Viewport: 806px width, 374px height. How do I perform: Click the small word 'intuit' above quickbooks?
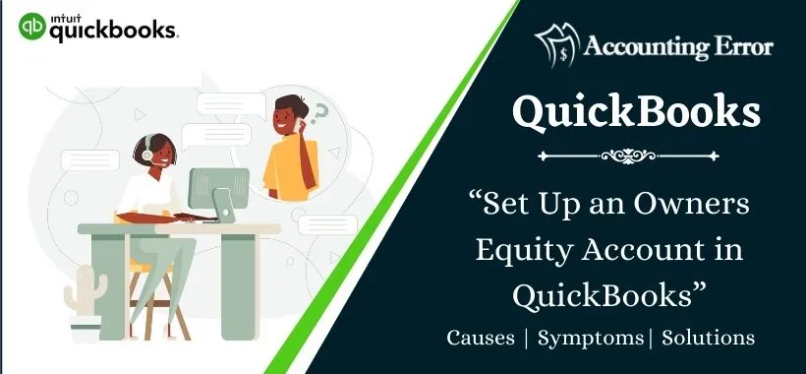pyautogui.click(x=64, y=17)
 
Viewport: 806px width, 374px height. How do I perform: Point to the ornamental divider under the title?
pyautogui.click(x=634, y=155)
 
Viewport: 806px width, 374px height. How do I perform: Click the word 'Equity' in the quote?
pyautogui.click(x=520, y=250)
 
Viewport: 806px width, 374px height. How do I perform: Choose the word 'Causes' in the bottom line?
pyautogui.click(x=481, y=338)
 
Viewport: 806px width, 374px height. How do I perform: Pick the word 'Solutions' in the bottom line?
pyautogui.click(x=708, y=338)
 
